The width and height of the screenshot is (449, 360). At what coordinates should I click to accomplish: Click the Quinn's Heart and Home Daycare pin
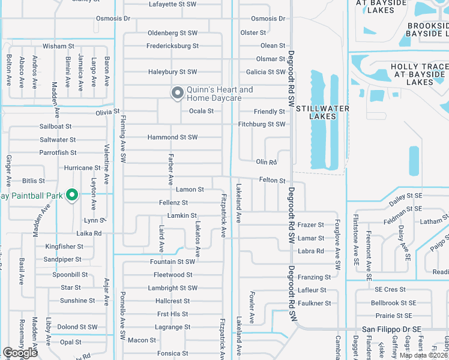tap(177, 93)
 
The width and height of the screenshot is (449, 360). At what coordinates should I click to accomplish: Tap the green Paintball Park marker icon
tap(72, 194)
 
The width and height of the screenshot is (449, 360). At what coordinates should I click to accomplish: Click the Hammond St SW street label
tap(173, 137)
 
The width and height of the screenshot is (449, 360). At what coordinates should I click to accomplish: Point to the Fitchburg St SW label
tap(261, 124)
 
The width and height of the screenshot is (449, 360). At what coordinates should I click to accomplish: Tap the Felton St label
tap(272, 180)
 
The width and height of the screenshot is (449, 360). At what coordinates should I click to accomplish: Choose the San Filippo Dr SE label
tap(392, 329)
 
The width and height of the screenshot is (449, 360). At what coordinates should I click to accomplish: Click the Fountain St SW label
tap(173, 262)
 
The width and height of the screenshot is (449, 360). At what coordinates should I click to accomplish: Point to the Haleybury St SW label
tap(173, 72)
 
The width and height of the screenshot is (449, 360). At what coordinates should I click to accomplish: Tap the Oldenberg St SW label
tap(173, 32)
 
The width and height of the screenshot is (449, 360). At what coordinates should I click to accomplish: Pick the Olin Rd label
tap(266, 162)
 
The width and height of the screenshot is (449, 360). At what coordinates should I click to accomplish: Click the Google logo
tap(20, 353)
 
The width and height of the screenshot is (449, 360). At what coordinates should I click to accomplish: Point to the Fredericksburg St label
tap(173, 46)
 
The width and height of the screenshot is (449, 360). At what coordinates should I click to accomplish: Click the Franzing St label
tap(315, 277)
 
